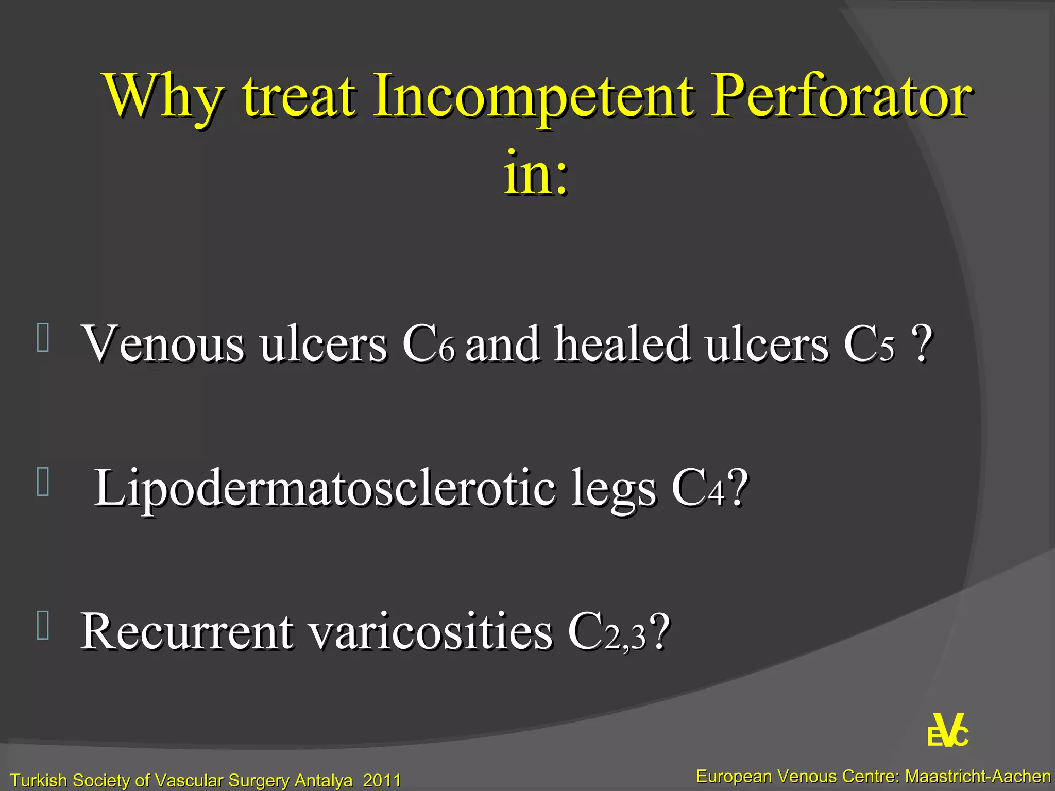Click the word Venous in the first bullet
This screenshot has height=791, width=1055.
pyautogui.click(x=163, y=343)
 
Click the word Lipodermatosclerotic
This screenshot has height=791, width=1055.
pyautogui.click(x=325, y=488)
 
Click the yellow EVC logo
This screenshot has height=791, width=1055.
pyautogui.click(x=948, y=731)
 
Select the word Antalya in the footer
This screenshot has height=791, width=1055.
pyautogui.click(x=323, y=780)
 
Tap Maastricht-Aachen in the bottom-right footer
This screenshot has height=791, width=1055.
pyautogui.click(x=978, y=776)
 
